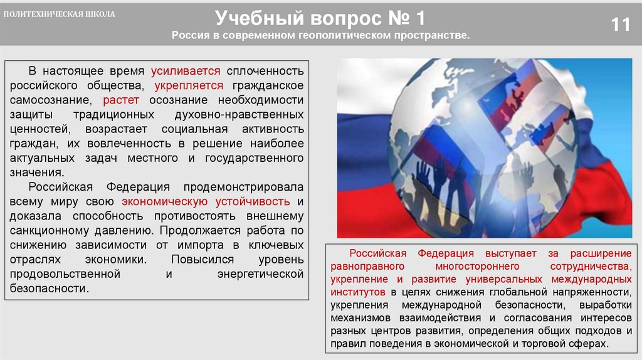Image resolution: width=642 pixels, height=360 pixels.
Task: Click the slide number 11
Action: click(x=621, y=25)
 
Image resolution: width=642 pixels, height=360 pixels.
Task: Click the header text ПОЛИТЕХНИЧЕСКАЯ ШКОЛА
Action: click(x=59, y=14)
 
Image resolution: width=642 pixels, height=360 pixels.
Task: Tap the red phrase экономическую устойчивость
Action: click(x=206, y=202)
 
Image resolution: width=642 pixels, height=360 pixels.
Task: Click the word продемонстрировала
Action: click(x=244, y=188)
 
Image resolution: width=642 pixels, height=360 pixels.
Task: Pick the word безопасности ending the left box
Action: click(x=48, y=289)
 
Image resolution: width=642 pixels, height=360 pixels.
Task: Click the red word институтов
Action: click(x=358, y=292)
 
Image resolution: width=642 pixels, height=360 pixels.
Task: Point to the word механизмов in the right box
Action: click(x=356, y=317)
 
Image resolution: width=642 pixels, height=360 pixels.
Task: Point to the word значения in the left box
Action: click(x=36, y=172)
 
